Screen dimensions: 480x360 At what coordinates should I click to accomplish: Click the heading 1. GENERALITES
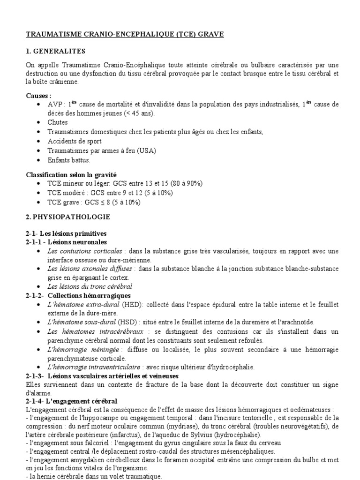pos(56,51)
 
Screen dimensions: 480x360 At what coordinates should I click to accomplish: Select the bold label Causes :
pos(39,95)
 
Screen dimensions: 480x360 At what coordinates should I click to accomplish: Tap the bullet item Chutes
pos(58,122)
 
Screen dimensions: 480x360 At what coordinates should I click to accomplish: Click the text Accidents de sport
pos(75,141)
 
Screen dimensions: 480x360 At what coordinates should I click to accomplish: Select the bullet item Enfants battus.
pos(69,160)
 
